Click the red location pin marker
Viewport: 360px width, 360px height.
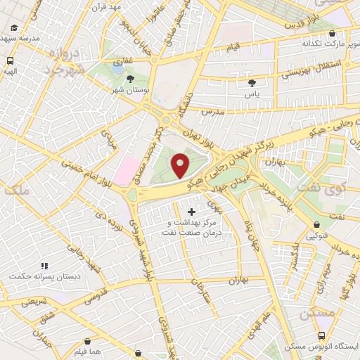point(181,166)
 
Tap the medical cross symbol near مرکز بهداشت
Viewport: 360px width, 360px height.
point(191,211)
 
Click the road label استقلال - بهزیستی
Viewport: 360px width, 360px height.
point(312,69)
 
